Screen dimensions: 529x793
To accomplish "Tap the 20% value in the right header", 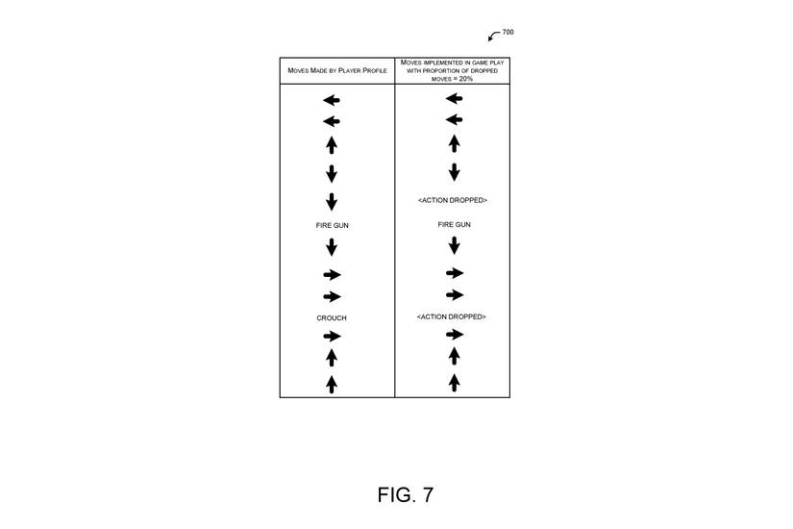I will coord(465,78).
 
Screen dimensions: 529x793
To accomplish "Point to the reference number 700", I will coord(508,32).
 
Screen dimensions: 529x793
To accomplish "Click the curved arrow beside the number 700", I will coord(494,37).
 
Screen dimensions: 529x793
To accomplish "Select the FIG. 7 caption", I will coord(405,494).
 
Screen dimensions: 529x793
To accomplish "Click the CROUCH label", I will coord(332,317).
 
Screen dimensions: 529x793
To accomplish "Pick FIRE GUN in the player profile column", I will coord(332,224).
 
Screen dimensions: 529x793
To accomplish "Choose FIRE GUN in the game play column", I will coord(454,224).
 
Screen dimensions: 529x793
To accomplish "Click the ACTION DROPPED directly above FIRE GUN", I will coord(453,200).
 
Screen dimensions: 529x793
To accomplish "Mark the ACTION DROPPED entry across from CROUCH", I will coord(453,316).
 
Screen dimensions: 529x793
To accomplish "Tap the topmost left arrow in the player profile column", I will coord(332,100).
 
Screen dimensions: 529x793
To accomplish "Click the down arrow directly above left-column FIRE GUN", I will coord(332,202).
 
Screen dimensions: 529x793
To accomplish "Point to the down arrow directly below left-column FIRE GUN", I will coord(332,247).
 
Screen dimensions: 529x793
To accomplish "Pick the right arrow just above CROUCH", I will coord(332,296).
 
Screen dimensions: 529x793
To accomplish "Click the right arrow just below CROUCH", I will coord(332,336).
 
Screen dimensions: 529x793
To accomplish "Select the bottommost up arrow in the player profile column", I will coord(332,384).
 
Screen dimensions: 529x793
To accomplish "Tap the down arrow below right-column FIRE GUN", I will coord(454,246).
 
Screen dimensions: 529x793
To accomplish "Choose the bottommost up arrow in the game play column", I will coord(454,383).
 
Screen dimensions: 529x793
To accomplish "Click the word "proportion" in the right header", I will coord(439,70).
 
